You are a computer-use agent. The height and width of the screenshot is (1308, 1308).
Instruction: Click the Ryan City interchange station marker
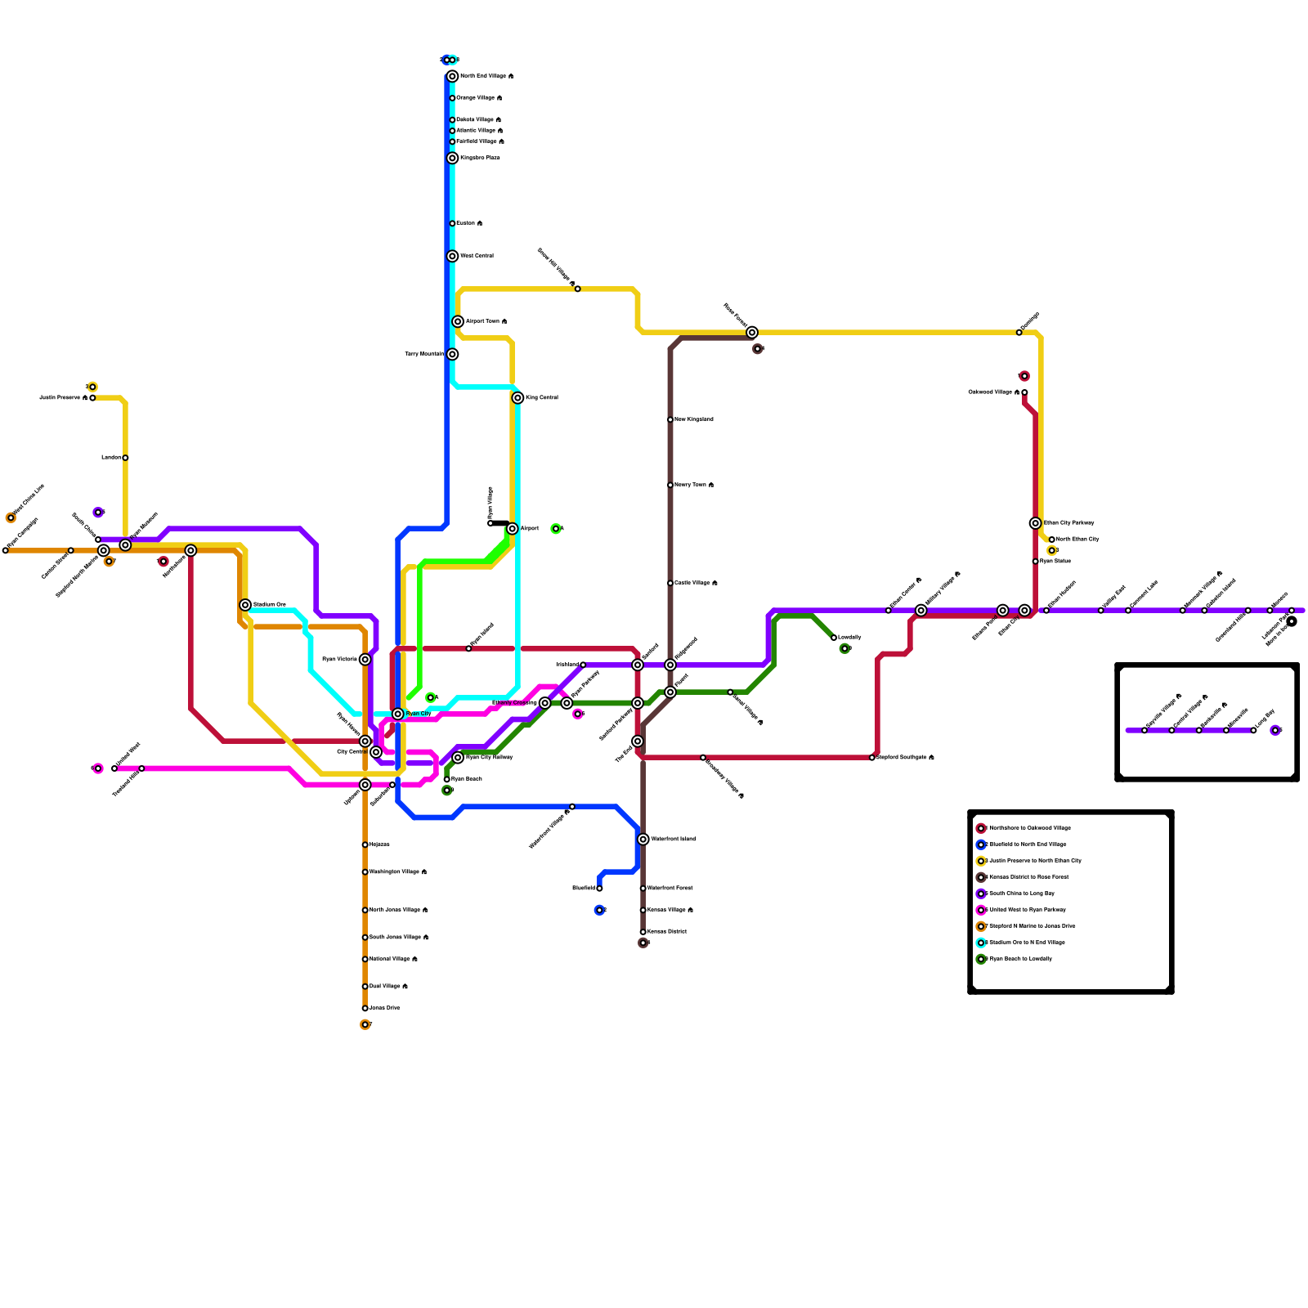pos(398,714)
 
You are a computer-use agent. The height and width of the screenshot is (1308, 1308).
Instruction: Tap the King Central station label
pos(541,398)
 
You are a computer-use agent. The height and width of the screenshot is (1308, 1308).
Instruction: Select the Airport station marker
pos(513,529)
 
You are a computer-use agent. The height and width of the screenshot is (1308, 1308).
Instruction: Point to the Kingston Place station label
pos(480,158)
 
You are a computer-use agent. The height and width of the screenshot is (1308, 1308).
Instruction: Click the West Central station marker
pos(453,256)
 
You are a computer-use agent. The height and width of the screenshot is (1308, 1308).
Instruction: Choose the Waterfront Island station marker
pos(643,840)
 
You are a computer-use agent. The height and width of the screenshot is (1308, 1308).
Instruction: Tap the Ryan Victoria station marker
pos(365,660)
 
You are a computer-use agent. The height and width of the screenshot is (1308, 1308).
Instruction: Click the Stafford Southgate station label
pos(905,758)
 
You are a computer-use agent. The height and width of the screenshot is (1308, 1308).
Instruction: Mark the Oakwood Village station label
pos(993,392)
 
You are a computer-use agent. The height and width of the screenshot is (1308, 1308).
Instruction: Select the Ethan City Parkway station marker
pos(1036,523)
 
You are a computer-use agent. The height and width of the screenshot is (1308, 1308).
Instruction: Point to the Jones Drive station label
pos(384,1008)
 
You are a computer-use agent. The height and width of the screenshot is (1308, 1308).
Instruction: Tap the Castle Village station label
pos(696,583)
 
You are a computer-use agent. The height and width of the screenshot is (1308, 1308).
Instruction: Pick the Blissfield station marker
pos(599,889)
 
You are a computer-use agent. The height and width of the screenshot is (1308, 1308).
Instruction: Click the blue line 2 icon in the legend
pos(981,844)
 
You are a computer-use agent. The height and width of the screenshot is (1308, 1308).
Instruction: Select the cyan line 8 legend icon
pos(981,943)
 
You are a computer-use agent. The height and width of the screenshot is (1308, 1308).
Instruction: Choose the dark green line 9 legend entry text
pos(1021,959)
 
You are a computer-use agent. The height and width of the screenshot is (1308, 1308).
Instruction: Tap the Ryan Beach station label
pos(466,779)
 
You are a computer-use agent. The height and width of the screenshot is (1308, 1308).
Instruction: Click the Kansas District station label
pos(667,932)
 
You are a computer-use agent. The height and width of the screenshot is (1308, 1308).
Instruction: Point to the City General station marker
pos(376,752)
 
